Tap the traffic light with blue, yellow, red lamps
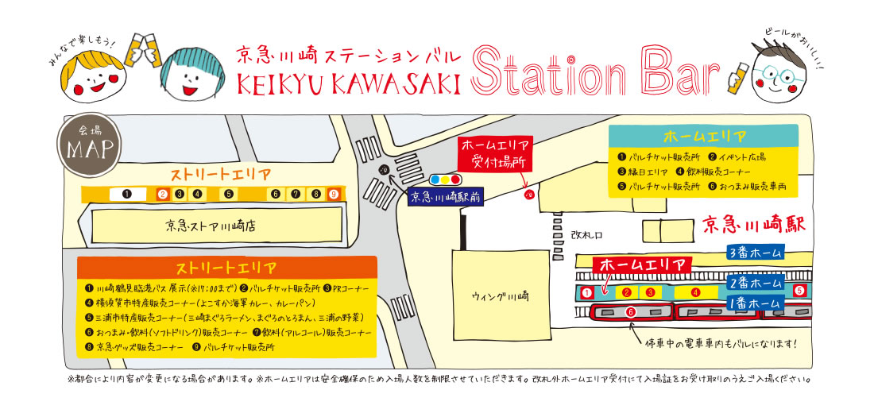point(445,180)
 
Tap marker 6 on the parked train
point(631,313)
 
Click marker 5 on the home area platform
point(799,291)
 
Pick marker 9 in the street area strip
point(334,194)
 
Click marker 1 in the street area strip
point(126,194)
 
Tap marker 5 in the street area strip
point(228,194)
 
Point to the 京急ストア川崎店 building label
point(211,226)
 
